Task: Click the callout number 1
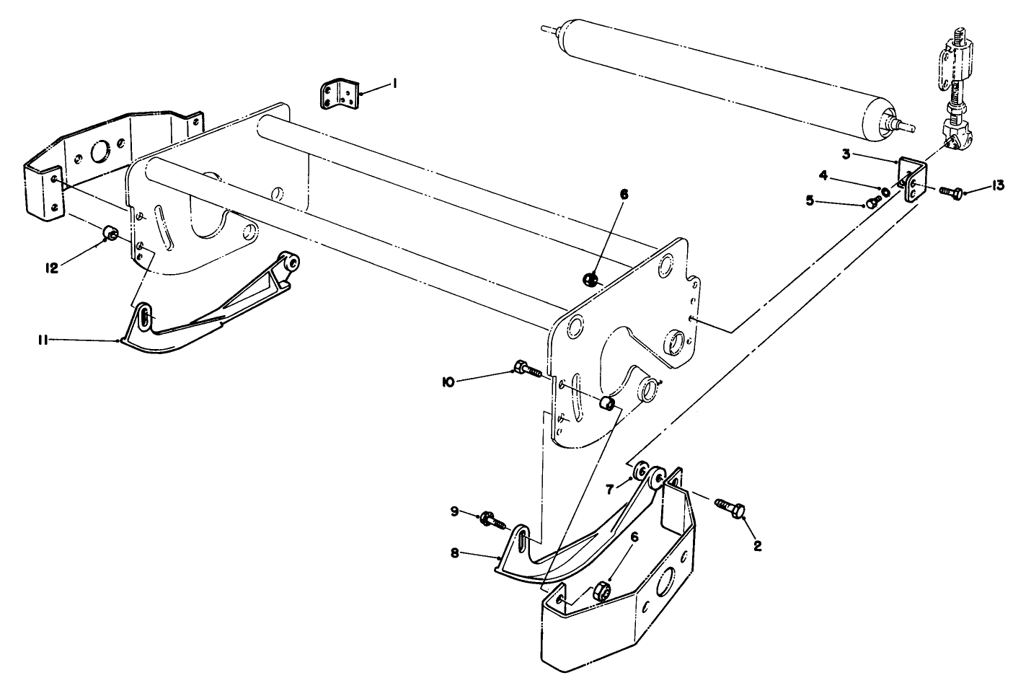pyautogui.click(x=394, y=84)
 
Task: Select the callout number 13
pyautogui.click(x=998, y=186)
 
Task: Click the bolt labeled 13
pyautogui.click(x=952, y=191)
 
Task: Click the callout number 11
pyautogui.click(x=43, y=340)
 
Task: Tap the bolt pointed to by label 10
pyautogui.click(x=528, y=371)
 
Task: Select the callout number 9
pyautogui.click(x=454, y=511)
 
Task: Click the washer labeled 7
pyautogui.click(x=640, y=474)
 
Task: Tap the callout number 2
pyautogui.click(x=758, y=545)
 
